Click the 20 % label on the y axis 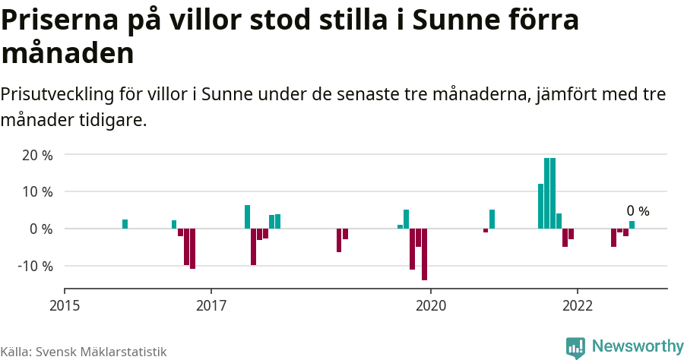(36, 155)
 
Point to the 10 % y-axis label (36, 192)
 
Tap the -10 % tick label (35, 267)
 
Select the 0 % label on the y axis (40, 229)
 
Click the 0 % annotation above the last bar (638, 211)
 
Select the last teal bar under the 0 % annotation (632, 225)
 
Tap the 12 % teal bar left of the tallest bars (540, 206)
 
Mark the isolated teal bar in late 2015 (125, 224)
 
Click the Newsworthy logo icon (575, 347)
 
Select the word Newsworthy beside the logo (637, 346)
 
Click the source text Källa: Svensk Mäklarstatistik (84, 352)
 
